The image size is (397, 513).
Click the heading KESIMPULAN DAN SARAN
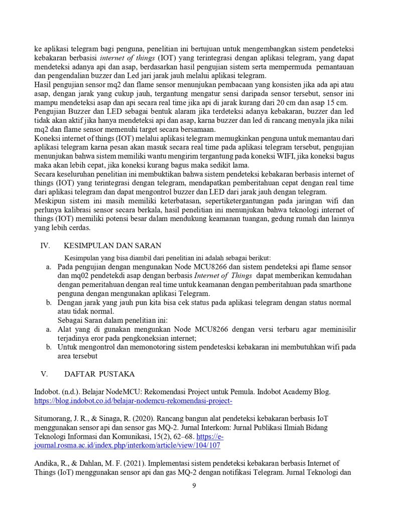click(x=112, y=245)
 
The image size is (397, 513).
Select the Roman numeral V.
click(x=44, y=374)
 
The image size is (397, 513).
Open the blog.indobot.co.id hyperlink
click(x=133, y=401)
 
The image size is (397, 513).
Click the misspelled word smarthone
click(x=333, y=285)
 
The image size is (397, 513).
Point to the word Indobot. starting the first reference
click(x=48, y=392)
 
